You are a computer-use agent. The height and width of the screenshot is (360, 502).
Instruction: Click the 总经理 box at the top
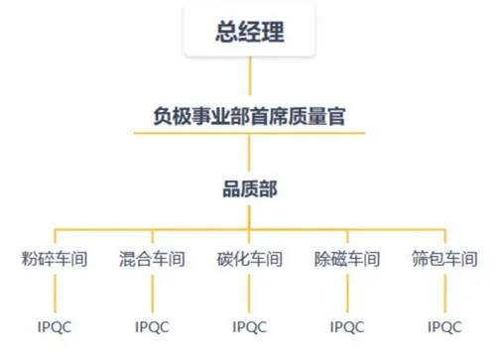tap(250, 32)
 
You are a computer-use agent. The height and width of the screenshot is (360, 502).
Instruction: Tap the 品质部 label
tap(250, 185)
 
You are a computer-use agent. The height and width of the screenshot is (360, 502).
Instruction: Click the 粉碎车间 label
tap(55, 260)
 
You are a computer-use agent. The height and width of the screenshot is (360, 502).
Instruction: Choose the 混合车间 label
tap(152, 260)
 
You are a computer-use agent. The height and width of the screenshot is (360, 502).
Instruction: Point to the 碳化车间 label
tap(250, 260)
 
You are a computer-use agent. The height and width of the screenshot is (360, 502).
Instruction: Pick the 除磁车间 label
tap(347, 260)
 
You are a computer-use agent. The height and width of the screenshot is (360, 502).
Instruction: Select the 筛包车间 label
tap(444, 260)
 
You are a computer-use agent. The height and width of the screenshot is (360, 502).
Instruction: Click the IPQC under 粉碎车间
tap(55, 325)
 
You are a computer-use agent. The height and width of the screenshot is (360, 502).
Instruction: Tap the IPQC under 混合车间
tap(152, 325)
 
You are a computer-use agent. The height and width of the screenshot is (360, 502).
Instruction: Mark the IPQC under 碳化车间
tap(250, 325)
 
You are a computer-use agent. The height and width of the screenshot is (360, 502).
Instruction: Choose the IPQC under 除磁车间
tap(347, 325)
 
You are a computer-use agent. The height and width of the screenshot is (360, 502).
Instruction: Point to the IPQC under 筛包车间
tap(444, 325)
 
